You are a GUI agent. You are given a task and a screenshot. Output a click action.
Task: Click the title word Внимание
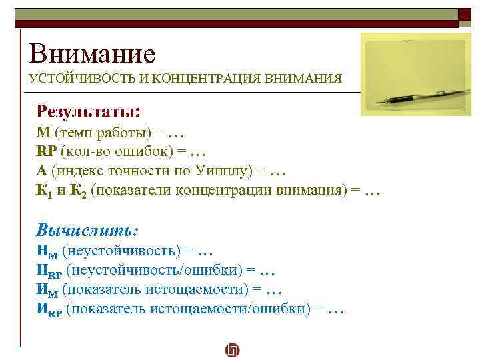pyautogui.click(x=92, y=53)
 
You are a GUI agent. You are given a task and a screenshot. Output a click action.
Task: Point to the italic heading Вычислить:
pyautogui.click(x=87, y=231)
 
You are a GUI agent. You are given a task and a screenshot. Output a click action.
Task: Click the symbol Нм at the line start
pyautogui.click(x=46, y=252)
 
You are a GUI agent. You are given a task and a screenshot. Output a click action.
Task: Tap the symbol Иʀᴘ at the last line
pyautogui.click(x=49, y=309)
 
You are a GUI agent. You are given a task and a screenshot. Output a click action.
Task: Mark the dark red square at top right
pyautogui.click(x=464, y=14)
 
